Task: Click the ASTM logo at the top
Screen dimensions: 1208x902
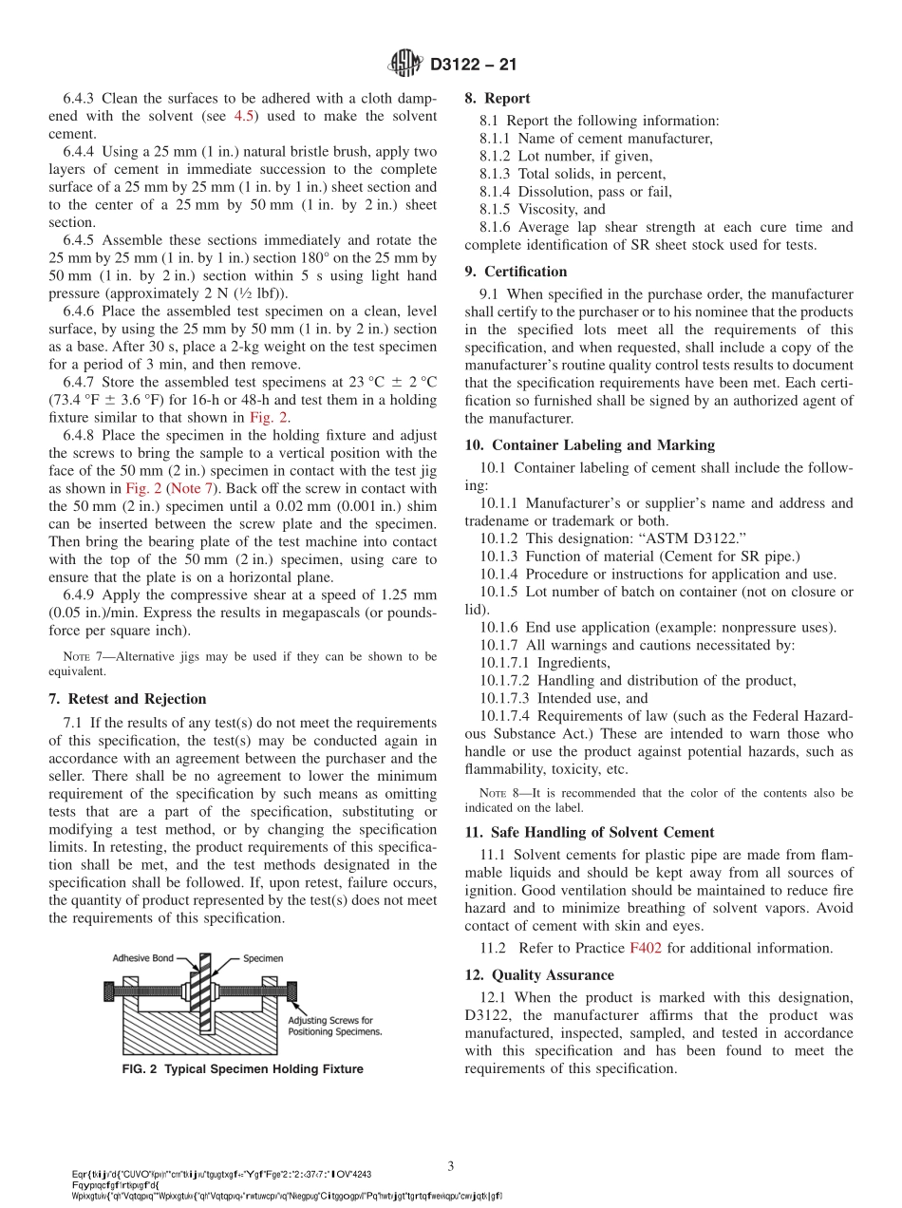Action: tap(406, 65)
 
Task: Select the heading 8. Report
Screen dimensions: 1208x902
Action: tap(497, 98)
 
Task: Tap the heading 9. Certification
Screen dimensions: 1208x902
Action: tap(516, 272)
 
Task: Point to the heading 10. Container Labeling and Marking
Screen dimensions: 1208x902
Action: tap(590, 444)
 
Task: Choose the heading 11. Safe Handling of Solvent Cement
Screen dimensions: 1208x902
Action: tap(589, 832)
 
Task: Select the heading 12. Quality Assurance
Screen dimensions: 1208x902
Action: tap(538, 975)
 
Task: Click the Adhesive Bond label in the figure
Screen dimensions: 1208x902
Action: tap(142, 958)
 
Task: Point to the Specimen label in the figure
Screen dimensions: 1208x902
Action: tap(263, 958)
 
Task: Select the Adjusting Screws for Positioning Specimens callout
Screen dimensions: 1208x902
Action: tap(334, 1026)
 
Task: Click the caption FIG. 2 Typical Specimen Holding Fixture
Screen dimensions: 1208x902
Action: tap(243, 1069)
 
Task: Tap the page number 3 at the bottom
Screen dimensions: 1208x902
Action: tap(451, 1165)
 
